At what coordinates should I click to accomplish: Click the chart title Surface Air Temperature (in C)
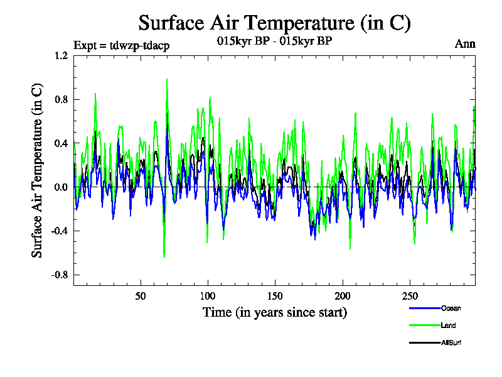[274, 23]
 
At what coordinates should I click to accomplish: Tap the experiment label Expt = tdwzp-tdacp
[121, 45]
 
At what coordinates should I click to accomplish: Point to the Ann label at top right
[466, 44]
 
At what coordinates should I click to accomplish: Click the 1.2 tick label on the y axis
[61, 55]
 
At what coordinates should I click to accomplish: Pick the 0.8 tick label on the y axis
[61, 99]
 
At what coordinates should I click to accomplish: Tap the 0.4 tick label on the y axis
[61, 143]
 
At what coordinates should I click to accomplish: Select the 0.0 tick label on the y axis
[61, 187]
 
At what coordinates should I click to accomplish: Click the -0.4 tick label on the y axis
[60, 231]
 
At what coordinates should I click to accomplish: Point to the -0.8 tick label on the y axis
[60, 275]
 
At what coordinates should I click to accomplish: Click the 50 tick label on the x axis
[141, 296]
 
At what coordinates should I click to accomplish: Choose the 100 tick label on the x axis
[208, 296]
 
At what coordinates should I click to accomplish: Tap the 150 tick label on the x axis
[275, 296]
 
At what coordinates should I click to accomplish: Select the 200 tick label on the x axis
[342, 296]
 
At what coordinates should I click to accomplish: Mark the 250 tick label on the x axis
[409, 296]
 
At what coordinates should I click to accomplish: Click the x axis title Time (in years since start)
[274, 312]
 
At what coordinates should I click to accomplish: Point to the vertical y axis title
[38, 170]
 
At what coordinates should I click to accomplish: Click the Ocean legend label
[451, 309]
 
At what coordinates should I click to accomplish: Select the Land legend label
[448, 325]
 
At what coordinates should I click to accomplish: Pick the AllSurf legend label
[451, 342]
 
